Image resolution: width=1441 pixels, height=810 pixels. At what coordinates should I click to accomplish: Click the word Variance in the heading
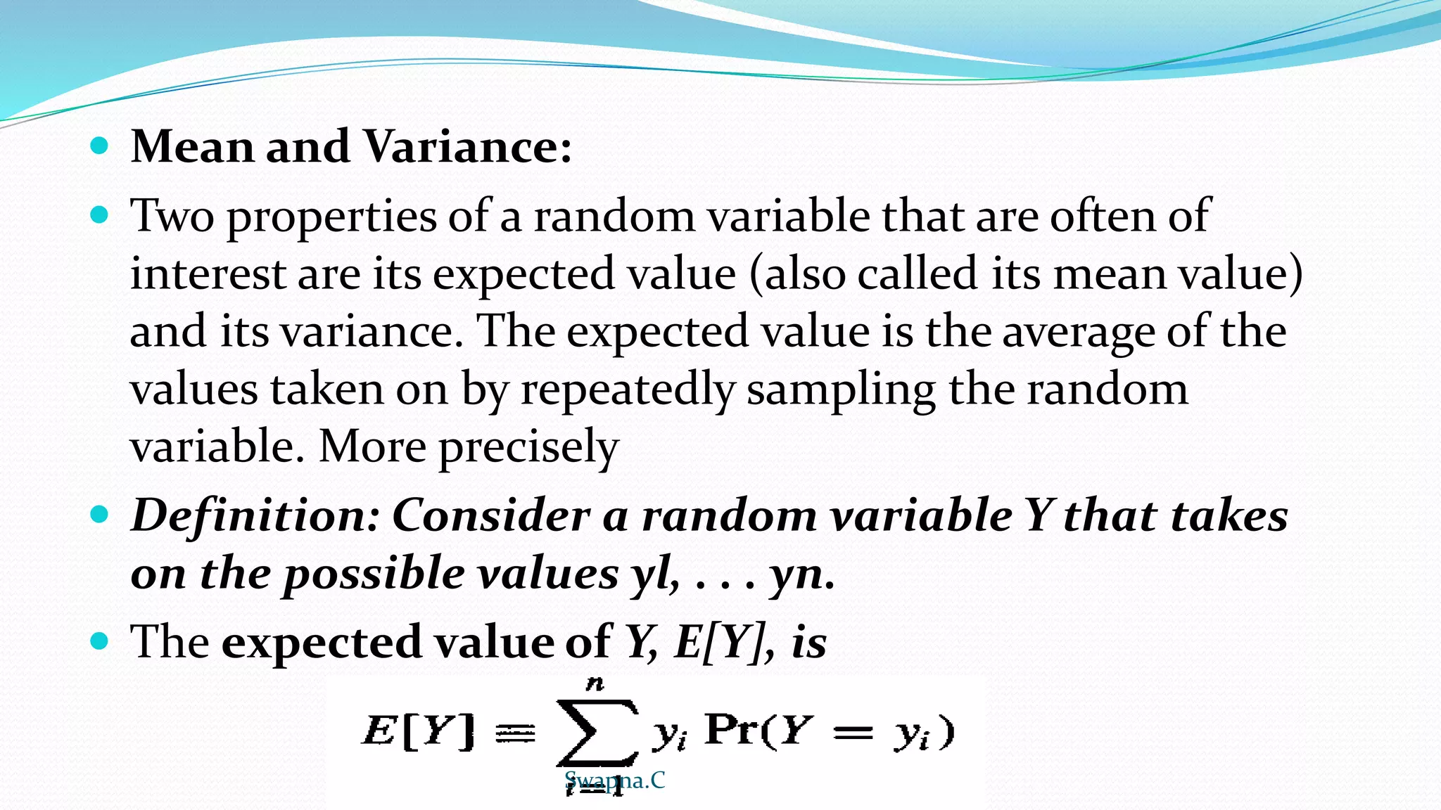coord(467,147)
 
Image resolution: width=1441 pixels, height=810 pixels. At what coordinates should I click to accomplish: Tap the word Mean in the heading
coord(192,147)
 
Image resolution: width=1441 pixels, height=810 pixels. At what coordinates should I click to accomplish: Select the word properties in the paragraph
coord(331,217)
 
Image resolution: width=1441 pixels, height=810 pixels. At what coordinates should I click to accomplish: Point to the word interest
coord(208,274)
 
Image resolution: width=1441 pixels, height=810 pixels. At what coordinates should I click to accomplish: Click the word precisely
coord(528,448)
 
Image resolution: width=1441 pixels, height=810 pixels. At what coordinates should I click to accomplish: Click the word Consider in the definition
coord(491,515)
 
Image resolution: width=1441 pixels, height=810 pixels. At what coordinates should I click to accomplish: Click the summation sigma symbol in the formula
coord(597,732)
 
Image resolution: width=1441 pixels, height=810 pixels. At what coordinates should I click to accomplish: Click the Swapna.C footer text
coord(614,780)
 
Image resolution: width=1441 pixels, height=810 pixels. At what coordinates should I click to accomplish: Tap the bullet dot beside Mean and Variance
coord(99,146)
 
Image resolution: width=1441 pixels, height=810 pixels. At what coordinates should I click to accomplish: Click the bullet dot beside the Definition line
coord(99,515)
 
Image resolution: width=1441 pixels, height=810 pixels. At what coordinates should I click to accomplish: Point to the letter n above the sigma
coord(595,683)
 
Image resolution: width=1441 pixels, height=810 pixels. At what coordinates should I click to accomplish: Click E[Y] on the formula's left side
coord(419,731)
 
